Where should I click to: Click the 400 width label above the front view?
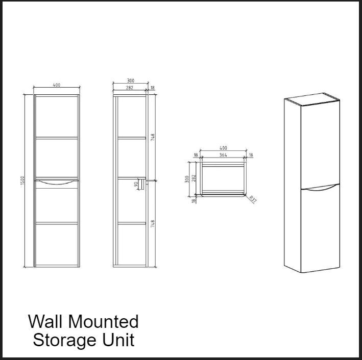(56, 85)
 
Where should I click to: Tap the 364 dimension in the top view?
(223, 155)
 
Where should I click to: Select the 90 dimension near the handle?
(136, 184)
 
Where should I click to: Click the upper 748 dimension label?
(152, 138)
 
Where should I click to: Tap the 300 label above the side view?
(130, 81)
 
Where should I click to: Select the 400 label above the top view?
(223, 148)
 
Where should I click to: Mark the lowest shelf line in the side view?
(131, 222)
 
